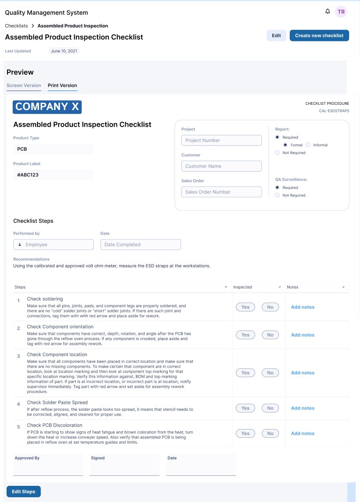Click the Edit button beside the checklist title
(276, 36)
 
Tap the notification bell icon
(328, 11)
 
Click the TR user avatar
(341, 12)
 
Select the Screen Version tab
(24, 86)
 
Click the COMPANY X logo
(47, 107)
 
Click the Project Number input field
(221, 140)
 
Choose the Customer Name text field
(221, 166)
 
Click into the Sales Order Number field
(221, 192)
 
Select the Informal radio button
(308, 145)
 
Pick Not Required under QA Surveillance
(277, 195)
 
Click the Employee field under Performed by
(53, 244)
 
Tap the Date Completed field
(140, 244)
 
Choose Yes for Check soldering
(245, 307)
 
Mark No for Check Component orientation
(270, 335)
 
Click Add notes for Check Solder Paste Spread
(302, 408)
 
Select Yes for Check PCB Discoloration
(245, 433)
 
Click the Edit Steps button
(24, 492)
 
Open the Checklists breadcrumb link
(16, 26)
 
